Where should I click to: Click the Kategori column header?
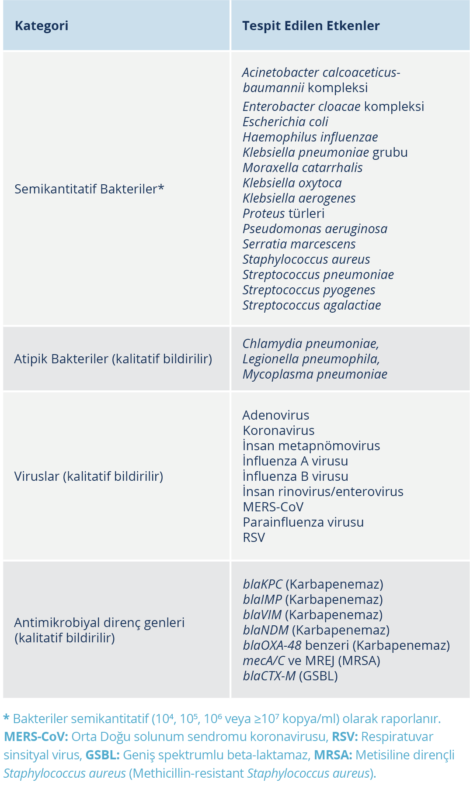pos(42,26)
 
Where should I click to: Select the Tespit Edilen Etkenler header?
pos(311,26)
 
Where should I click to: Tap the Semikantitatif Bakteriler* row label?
pos(89,189)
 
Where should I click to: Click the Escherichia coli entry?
pos(285,122)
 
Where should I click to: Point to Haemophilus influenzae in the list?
pos(310,137)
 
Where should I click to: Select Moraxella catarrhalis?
pos(303,168)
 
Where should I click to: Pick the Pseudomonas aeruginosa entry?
pos(315,229)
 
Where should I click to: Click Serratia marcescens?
pos(299,244)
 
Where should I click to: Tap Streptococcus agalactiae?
pos(312,305)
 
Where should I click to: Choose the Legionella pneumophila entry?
pos(311,359)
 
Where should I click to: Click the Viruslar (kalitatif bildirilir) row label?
pos(89,476)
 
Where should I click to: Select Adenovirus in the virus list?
pos(276,415)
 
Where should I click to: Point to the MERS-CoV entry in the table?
pos(273,507)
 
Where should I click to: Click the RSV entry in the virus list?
pos(254,538)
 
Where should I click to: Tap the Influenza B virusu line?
pos(296,476)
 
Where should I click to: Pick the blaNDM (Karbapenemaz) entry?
pos(316,630)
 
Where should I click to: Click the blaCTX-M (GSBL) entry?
pos(290,676)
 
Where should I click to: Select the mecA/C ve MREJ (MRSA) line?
pos(311,661)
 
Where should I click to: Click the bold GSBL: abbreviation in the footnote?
pos(102,755)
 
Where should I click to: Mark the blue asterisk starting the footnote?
pos(7,718)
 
